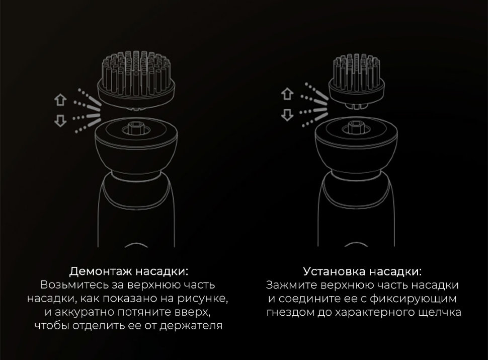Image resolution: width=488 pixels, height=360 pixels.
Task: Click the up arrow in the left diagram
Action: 60,100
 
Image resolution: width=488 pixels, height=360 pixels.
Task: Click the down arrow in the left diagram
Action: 60,120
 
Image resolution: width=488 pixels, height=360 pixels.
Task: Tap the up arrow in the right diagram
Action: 287,94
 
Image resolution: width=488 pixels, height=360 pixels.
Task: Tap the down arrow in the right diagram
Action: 287,115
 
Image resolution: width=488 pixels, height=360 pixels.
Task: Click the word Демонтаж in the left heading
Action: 100,271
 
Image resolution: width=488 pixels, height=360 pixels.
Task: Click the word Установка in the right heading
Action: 334,271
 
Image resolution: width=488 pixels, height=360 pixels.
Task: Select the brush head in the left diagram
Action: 136,81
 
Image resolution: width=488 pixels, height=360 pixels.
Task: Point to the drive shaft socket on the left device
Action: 136,128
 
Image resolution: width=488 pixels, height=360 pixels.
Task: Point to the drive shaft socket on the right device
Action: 356,127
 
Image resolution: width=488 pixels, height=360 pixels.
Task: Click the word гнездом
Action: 290,312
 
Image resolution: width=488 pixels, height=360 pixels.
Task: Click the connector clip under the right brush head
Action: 357,106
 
